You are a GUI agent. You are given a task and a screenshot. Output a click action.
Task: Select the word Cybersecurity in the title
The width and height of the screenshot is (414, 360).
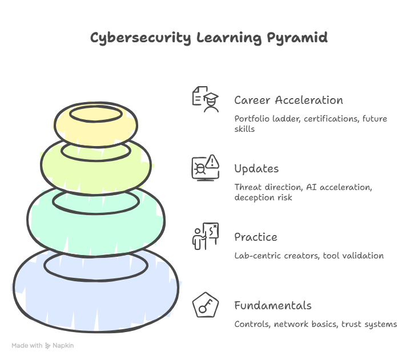click(140, 39)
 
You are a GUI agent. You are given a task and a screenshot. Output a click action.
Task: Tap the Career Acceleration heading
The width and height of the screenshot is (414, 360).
click(288, 100)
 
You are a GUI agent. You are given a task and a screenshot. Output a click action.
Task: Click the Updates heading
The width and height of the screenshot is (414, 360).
click(256, 169)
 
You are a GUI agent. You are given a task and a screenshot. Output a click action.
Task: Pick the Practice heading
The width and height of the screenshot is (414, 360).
click(255, 237)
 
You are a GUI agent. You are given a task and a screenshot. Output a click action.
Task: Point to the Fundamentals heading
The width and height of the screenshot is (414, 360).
click(272, 306)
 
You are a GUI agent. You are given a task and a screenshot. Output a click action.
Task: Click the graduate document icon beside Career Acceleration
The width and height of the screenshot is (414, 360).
click(205, 99)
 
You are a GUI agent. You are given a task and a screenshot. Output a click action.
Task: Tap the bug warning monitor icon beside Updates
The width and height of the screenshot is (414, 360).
click(205, 168)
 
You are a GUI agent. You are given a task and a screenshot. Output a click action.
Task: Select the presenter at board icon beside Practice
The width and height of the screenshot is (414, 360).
click(205, 236)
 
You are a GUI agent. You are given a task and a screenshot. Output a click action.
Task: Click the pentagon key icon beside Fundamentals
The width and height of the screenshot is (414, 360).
click(205, 305)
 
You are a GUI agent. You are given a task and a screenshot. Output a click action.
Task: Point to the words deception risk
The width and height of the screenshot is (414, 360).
click(263, 197)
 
